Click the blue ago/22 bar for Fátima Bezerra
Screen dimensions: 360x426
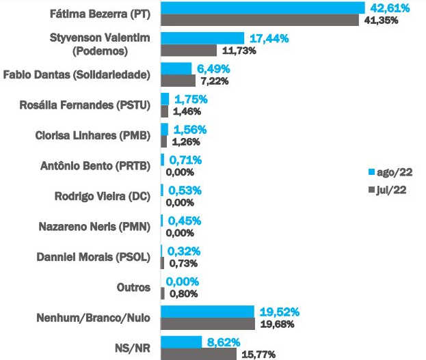pyautogui.click(x=263, y=8)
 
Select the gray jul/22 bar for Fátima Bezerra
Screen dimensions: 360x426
pyautogui.click(x=260, y=20)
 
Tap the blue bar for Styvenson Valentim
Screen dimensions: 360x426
pyautogui.click(x=202, y=38)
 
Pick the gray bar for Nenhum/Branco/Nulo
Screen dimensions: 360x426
pyautogui.click(x=208, y=324)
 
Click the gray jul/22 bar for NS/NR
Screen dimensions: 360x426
pyautogui.click(x=198, y=354)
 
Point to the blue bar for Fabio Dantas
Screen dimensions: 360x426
pyautogui.click(x=176, y=68)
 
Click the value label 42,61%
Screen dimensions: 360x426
pyautogui.click(x=390, y=8)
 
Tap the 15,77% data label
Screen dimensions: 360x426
pyautogui.click(x=257, y=355)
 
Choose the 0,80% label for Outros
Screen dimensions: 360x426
pyautogui.click(x=185, y=294)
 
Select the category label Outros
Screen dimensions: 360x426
pyautogui.click(x=134, y=288)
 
